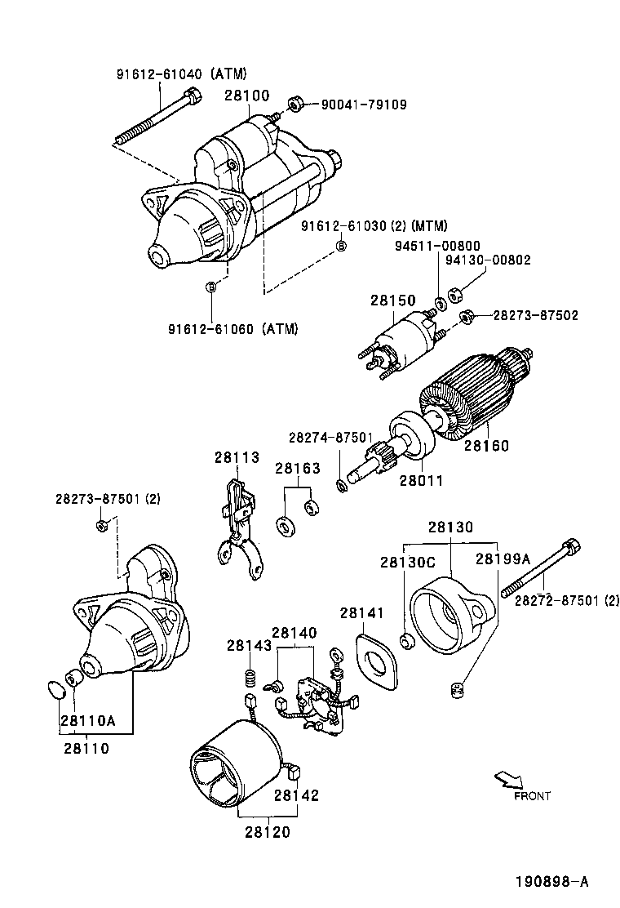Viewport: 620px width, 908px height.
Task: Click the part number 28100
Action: [x=247, y=96]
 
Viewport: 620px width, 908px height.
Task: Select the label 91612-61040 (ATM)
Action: [x=181, y=73]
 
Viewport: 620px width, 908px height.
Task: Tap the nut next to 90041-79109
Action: [x=297, y=105]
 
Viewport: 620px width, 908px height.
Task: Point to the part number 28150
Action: [x=392, y=300]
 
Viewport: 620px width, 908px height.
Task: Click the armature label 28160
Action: [x=486, y=446]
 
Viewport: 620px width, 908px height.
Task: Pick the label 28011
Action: [x=421, y=480]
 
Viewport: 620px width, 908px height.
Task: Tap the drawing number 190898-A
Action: [x=551, y=882]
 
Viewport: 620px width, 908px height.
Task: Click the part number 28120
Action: [x=266, y=832]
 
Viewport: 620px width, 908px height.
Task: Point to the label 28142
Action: [x=296, y=795]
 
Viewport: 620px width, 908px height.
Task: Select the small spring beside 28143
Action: [x=251, y=677]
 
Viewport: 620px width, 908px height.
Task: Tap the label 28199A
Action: [x=503, y=559]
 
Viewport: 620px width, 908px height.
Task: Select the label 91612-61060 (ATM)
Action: [x=233, y=329]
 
